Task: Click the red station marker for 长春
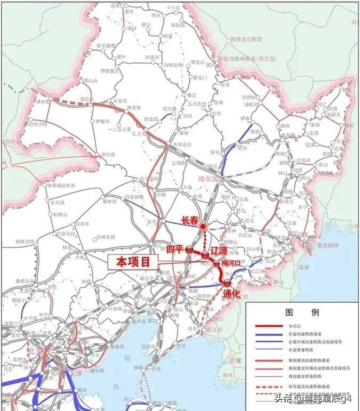[x=203, y=227]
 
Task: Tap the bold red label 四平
[x=174, y=249]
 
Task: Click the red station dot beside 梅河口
[x=216, y=263]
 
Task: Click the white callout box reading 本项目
[x=134, y=261]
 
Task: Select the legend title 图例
[x=302, y=312]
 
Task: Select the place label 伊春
[x=245, y=118]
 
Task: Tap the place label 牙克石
[x=121, y=100]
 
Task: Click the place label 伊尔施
[x=94, y=155]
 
